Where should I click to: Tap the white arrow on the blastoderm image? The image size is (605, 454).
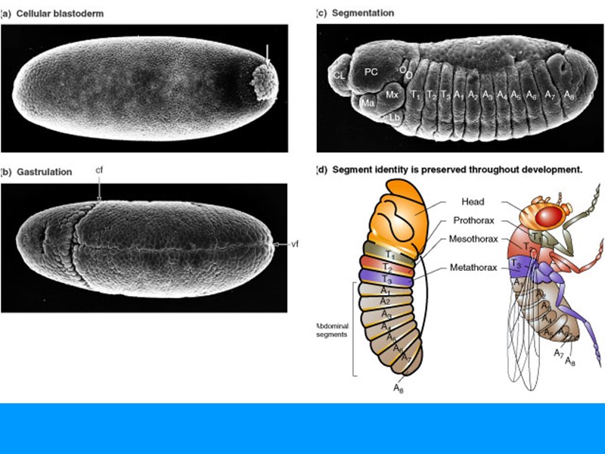point(267,53)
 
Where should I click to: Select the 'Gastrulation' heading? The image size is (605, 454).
point(42,172)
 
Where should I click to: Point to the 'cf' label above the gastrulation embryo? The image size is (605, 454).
point(99,170)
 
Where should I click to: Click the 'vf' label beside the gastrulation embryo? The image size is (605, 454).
point(295,244)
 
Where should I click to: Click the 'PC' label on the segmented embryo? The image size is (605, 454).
point(371,71)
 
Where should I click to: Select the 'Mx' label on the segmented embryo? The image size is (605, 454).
point(392,95)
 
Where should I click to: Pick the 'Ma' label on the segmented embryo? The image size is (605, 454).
point(368,103)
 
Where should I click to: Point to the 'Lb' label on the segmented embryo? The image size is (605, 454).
point(395,117)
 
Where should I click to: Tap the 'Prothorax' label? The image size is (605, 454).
point(475,221)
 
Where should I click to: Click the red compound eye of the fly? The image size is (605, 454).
point(550,216)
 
